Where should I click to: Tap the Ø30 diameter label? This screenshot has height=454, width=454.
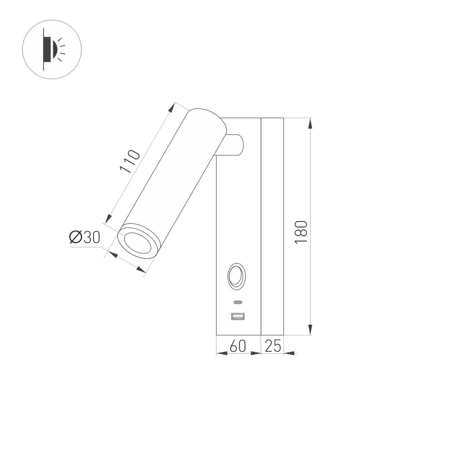(84, 237)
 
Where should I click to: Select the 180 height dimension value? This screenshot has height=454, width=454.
(301, 232)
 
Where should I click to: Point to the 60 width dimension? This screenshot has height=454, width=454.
(238, 346)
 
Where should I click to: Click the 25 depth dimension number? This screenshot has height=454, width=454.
(272, 346)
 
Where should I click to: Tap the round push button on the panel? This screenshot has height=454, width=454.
(237, 276)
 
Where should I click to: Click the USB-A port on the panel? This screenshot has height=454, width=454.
(238, 316)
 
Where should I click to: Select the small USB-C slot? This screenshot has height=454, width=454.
(238, 302)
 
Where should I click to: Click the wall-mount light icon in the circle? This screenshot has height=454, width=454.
(52, 49)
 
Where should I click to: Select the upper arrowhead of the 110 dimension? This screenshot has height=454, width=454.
(172, 108)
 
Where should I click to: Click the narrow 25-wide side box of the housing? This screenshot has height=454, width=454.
(272, 227)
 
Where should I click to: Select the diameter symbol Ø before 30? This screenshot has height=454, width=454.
(75, 237)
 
